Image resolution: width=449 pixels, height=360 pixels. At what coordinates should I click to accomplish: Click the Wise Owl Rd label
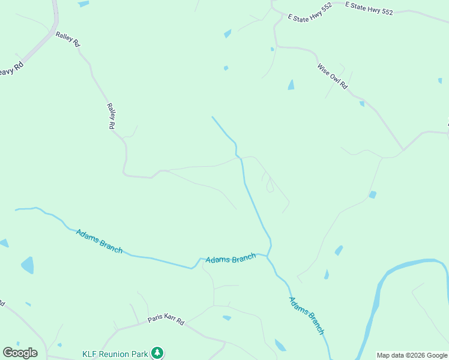[332, 75]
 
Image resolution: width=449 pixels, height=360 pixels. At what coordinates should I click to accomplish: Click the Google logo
[20, 353]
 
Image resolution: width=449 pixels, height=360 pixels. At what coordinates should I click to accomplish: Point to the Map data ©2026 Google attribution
[412, 355]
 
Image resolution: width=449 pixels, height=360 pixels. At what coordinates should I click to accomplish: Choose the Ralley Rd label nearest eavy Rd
[67, 40]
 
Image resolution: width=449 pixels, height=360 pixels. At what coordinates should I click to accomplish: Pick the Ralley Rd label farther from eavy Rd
[110, 116]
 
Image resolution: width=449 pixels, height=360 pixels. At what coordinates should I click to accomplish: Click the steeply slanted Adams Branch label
[307, 315]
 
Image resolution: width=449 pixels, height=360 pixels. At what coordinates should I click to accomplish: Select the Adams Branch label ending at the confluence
[231, 259]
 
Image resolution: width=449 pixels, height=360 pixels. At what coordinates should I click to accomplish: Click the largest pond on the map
[28, 265]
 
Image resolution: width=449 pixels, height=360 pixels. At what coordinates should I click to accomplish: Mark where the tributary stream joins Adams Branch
[268, 257]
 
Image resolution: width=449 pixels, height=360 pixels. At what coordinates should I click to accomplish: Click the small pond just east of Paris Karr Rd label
[226, 317]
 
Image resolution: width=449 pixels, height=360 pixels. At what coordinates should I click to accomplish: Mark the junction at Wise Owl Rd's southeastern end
[403, 149]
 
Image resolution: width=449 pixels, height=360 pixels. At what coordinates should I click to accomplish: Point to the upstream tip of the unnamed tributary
[212, 117]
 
